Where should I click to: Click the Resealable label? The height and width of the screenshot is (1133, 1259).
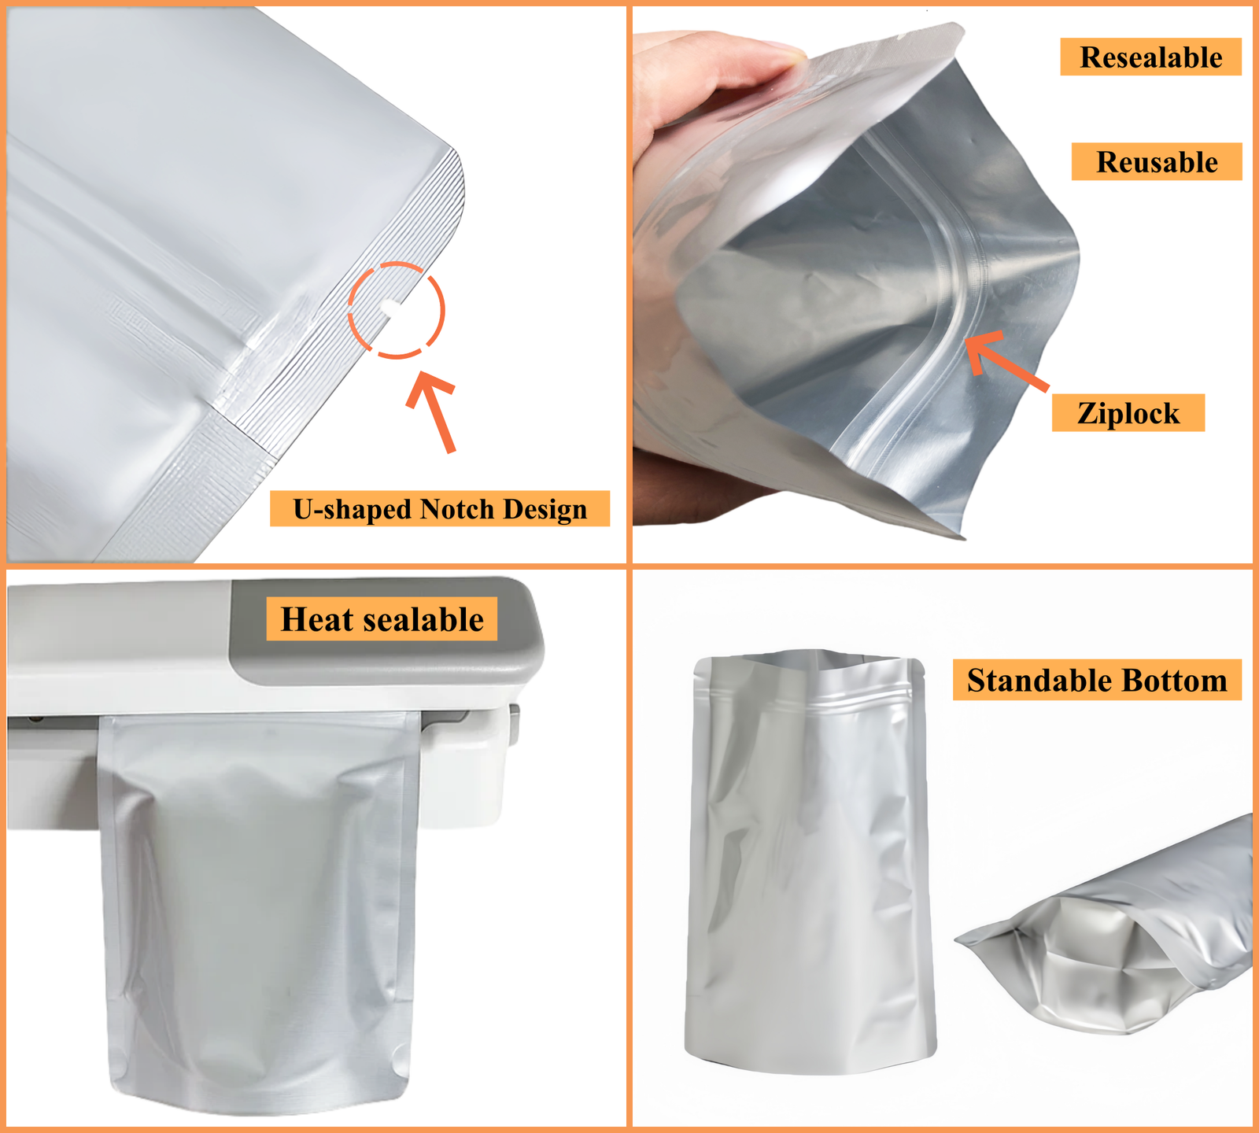[1150, 57]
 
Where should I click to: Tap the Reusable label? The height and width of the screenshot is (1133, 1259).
[1157, 162]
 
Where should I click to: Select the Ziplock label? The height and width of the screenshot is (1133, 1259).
[1128, 413]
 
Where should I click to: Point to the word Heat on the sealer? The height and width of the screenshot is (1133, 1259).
[316, 619]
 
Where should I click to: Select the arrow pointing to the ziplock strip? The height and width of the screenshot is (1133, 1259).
[1006, 360]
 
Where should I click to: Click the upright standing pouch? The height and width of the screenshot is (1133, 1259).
[810, 862]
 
